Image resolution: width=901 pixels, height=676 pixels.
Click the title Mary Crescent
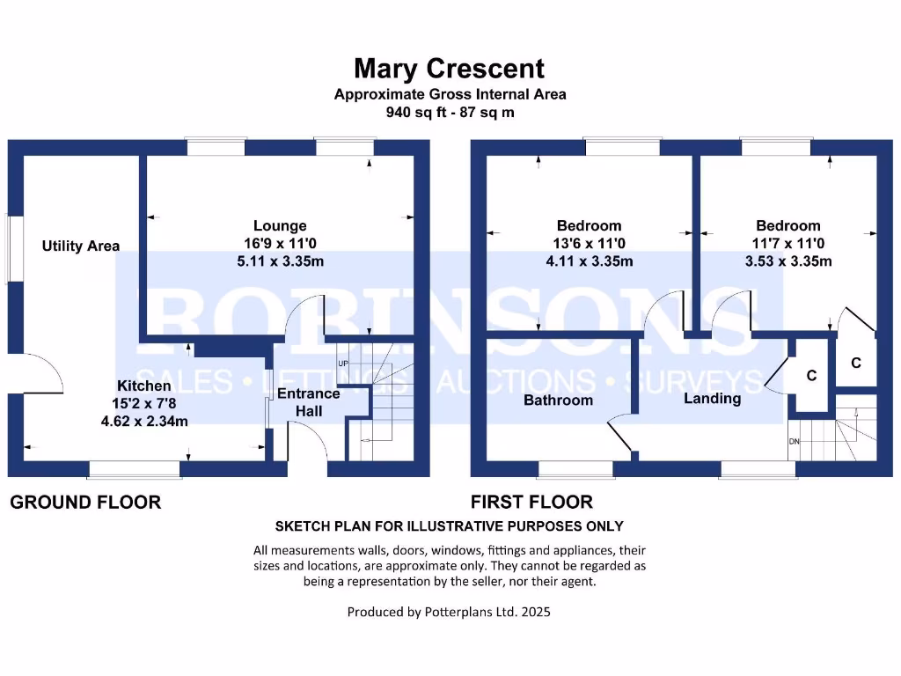point(449,68)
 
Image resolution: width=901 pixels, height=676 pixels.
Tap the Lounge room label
point(280,226)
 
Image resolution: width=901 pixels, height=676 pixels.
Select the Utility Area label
point(81,246)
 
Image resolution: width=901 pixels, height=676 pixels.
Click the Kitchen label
point(144,386)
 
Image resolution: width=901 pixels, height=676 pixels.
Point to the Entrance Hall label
point(309,402)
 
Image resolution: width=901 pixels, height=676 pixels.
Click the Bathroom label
point(558,400)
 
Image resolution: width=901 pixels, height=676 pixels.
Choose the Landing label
point(712,399)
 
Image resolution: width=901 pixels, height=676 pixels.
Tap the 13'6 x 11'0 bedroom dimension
point(589,244)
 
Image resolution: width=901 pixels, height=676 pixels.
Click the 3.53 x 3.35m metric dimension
point(787,261)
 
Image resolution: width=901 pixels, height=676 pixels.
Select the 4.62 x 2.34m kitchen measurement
point(144,421)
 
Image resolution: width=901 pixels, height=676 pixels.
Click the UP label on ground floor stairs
point(343,363)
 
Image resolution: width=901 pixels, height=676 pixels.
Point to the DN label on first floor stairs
point(795,441)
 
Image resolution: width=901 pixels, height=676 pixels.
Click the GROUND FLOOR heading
point(85,503)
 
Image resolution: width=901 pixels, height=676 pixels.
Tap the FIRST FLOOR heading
point(531,503)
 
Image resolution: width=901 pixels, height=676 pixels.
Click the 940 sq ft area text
point(450,112)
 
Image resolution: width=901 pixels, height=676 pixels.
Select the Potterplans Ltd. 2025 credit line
point(449,611)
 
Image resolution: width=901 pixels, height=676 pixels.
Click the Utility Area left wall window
point(9,249)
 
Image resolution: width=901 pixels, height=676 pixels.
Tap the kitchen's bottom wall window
point(134,470)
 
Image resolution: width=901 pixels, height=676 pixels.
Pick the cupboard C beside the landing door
point(811,376)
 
